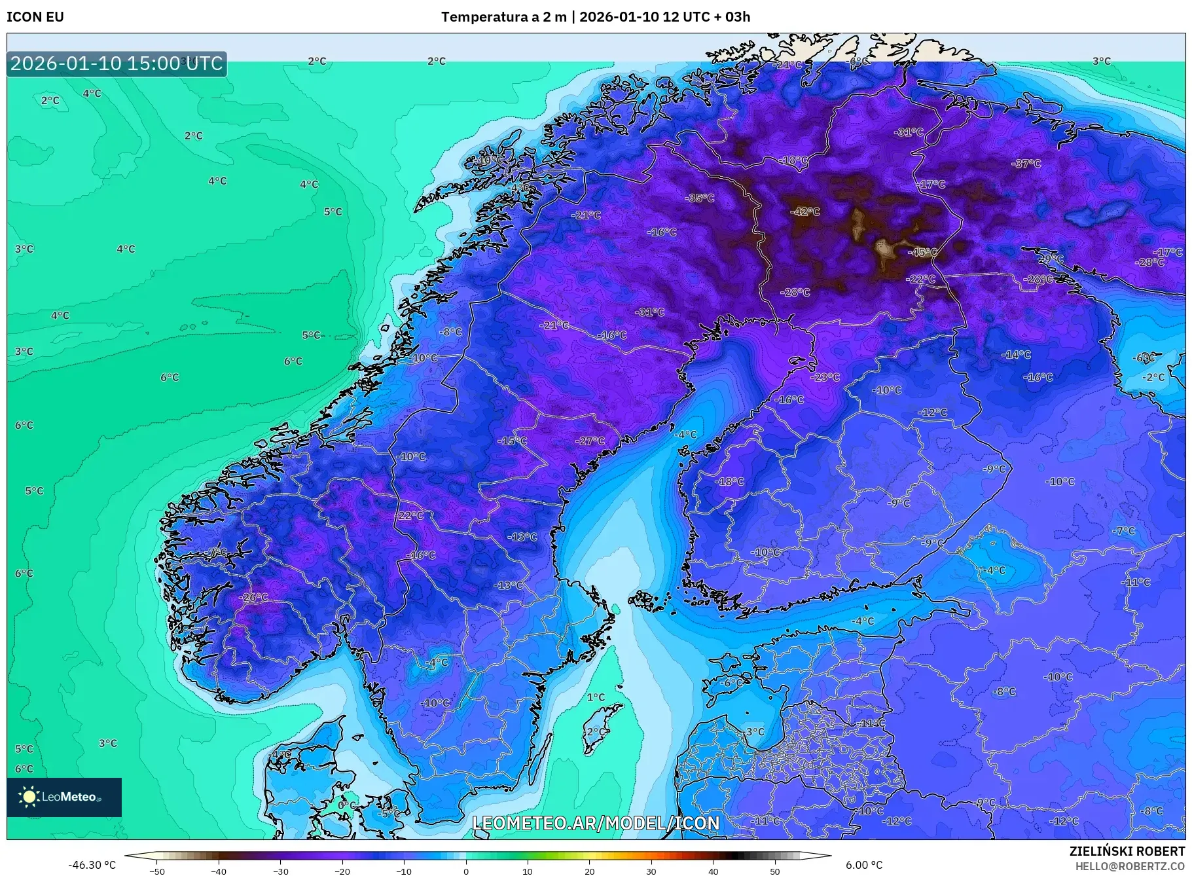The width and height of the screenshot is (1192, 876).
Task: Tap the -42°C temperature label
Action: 804,211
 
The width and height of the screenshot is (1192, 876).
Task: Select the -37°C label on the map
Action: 1026,164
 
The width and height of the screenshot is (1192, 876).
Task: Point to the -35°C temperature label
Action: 699,198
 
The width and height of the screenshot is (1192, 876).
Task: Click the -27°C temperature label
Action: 590,441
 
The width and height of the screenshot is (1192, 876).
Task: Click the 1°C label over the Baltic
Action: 596,697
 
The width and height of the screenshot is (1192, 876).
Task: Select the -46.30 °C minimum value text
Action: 92,865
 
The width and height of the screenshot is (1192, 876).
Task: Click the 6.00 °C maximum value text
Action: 864,865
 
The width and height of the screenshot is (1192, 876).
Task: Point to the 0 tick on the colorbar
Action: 466,871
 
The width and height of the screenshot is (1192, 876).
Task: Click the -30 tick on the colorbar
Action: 280,871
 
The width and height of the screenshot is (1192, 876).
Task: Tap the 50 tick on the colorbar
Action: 775,871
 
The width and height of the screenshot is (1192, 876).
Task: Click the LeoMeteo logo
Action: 64,797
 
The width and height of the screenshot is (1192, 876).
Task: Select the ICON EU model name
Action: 35,17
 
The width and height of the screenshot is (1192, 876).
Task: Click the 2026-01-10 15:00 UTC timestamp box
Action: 117,64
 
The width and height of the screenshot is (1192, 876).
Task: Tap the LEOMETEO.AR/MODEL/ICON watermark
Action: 596,823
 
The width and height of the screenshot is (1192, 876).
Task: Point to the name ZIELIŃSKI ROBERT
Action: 1127,851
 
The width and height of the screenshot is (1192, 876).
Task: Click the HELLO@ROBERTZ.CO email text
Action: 1130,866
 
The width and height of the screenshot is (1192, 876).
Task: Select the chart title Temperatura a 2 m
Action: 503,17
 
